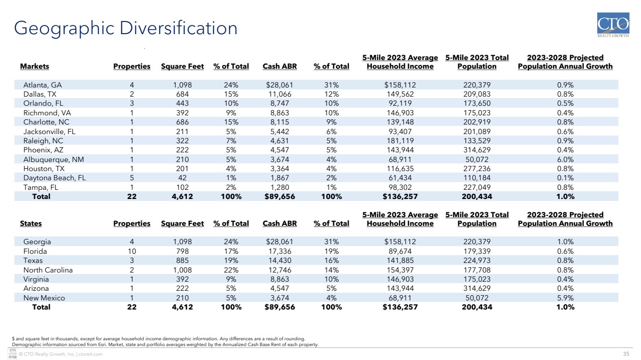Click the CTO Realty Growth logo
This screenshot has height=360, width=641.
coord(613,25)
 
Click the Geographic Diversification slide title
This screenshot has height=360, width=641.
coord(126,28)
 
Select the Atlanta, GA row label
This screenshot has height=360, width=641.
coord(42,85)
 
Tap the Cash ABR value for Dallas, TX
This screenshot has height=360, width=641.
coord(279,94)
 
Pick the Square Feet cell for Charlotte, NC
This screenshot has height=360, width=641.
coord(182,122)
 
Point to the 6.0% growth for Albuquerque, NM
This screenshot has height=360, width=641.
coord(565,159)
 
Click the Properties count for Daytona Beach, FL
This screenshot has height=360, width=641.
coord(132,178)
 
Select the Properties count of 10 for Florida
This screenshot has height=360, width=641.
coord(132,251)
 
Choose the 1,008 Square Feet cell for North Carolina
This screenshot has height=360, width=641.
coord(182,270)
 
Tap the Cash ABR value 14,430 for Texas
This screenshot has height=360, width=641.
coord(279,261)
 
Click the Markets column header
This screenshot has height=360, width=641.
coord(34,66)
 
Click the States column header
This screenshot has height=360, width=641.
coord(31,223)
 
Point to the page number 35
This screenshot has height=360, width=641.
coord(626,354)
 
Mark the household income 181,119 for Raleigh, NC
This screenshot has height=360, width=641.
coord(400,141)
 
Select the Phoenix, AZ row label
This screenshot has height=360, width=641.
coord(43,150)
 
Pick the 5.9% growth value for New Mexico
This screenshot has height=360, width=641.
coord(565,298)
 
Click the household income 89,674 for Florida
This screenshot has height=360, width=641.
coord(400,251)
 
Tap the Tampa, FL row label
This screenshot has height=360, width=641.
coord(41,187)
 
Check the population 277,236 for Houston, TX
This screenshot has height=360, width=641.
coord(477,169)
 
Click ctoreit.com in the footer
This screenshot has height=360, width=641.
coord(90,354)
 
